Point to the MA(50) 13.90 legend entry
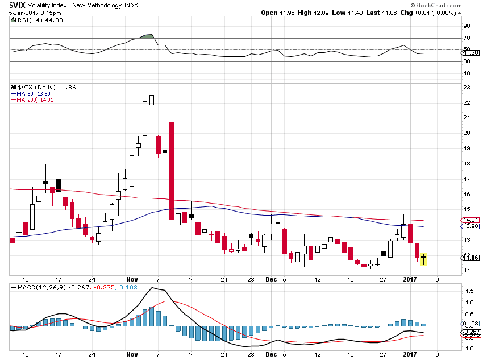click(x=33, y=93)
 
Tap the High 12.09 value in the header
click(x=311, y=13)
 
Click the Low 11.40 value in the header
click(x=347, y=13)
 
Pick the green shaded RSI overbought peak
click(x=148, y=36)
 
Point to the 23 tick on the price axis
click(x=466, y=88)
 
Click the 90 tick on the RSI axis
click(x=466, y=26)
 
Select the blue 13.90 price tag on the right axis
click(x=469, y=226)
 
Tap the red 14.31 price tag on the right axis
click(x=469, y=220)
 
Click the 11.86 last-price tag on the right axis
click(x=469, y=257)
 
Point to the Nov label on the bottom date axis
click(x=132, y=279)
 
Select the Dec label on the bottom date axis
click(x=272, y=279)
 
